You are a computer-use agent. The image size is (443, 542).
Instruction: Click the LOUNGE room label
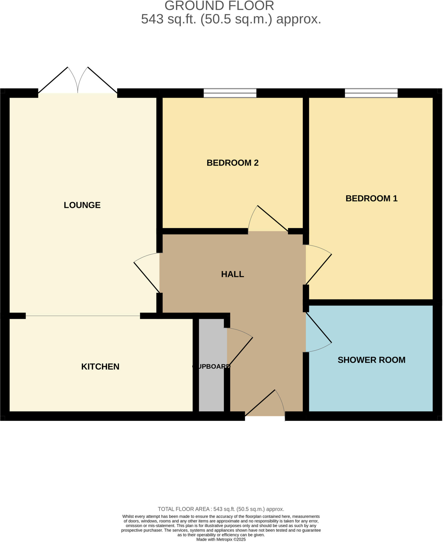coord(82,205)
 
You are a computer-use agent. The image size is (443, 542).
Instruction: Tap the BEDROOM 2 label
coord(232,163)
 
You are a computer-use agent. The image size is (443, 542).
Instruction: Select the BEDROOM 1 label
coord(371,198)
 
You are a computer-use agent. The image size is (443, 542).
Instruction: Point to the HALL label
coord(232,274)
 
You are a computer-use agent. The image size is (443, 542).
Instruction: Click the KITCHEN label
coord(100,367)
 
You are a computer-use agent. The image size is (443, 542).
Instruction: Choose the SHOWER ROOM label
coord(371,360)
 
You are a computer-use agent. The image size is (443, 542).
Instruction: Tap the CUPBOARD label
coord(211,366)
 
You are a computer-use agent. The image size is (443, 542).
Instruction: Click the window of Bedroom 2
coord(230,93)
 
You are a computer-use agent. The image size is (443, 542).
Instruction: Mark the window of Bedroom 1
coord(371,93)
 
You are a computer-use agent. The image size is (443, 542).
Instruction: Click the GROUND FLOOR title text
coord(219,6)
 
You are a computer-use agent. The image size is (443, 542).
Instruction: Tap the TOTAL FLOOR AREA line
coord(221,509)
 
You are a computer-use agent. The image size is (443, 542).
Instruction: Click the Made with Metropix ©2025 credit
coord(221,539)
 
